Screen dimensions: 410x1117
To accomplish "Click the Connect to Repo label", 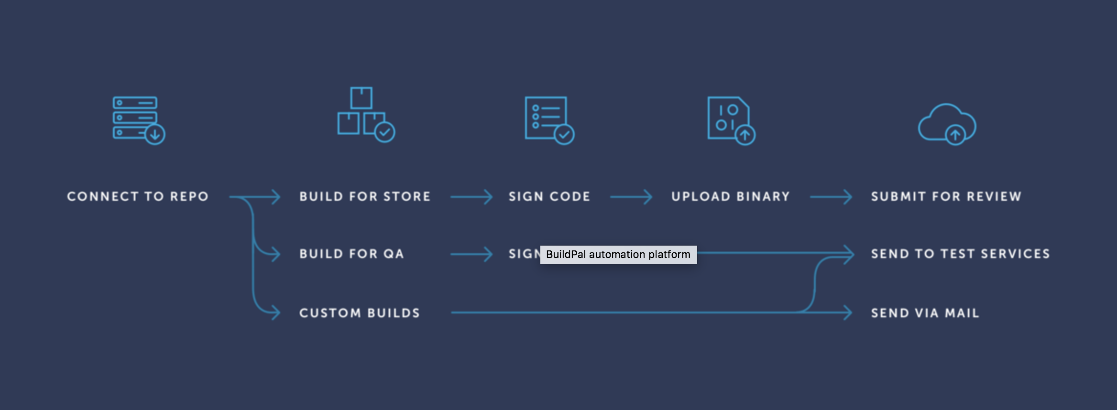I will point(138,196).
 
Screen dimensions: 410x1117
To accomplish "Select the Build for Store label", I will point(365,196).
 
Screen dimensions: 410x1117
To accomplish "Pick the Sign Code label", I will point(549,196).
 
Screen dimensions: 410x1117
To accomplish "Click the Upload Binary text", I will point(730,196).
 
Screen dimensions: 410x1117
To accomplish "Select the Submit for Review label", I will point(946,196).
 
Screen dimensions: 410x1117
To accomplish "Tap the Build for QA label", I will point(351,254).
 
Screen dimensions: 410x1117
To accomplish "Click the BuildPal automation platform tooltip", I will point(618,254).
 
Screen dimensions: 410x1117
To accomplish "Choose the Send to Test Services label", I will point(960,254).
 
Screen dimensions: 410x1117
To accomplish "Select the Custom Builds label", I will point(360,313).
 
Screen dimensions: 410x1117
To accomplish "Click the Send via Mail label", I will point(925,313).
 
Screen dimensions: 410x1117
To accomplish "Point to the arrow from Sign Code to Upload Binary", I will point(631,196).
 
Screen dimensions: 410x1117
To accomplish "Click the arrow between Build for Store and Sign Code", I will point(471,196).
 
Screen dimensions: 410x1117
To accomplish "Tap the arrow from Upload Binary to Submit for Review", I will point(831,196).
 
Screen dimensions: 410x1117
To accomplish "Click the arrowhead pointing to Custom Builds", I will point(274,313).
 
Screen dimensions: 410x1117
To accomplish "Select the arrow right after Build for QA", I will point(471,254).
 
